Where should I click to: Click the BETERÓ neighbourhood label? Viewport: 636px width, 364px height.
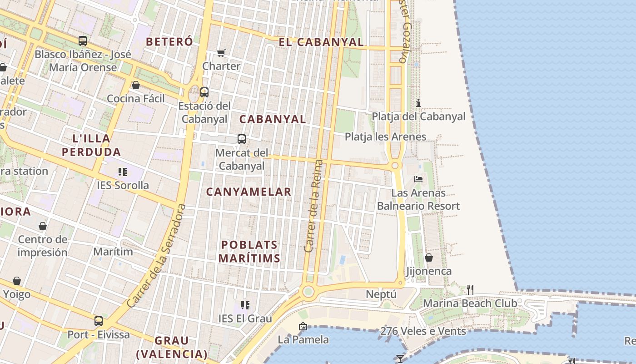[x=169, y=41]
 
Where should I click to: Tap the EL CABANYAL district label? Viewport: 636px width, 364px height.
[x=321, y=42]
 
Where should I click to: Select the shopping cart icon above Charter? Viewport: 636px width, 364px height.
[x=221, y=53]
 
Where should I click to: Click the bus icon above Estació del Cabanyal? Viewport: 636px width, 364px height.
[x=204, y=92]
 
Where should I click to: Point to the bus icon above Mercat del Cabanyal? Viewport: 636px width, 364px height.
[x=242, y=139]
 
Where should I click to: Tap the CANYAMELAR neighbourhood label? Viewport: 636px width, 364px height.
[x=248, y=192]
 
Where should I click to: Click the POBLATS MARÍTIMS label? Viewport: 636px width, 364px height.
[x=249, y=252]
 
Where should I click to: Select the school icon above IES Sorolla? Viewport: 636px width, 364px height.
[x=123, y=172]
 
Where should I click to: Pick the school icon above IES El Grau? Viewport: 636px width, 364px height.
[x=245, y=305]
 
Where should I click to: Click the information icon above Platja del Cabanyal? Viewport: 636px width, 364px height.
[x=418, y=103]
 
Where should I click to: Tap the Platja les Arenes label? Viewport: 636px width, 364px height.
[x=385, y=136]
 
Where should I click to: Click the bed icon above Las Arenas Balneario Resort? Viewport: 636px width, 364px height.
[x=418, y=179]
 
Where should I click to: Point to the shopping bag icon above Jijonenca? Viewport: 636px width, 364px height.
[x=428, y=258]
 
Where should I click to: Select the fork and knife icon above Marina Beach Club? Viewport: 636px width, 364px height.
[x=470, y=289]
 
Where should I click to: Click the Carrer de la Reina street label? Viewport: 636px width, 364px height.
[x=314, y=206]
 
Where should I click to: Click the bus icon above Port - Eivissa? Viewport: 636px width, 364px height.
[x=99, y=321]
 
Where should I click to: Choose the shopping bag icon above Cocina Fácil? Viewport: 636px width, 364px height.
[x=135, y=85]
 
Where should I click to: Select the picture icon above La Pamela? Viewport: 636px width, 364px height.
[x=303, y=326]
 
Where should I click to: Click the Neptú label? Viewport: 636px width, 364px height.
[x=381, y=294]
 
